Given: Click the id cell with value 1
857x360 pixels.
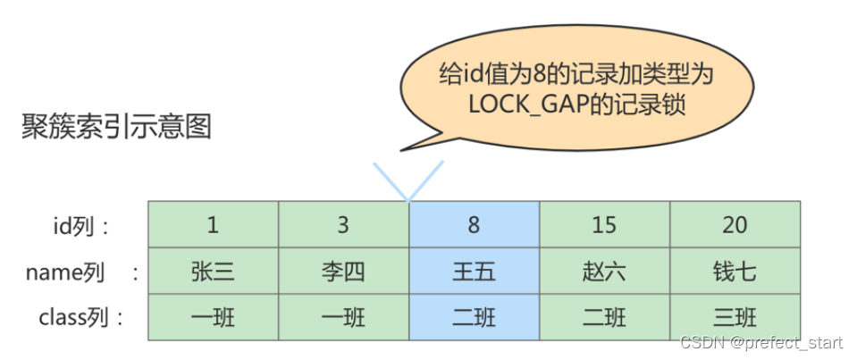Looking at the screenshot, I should [x=213, y=225].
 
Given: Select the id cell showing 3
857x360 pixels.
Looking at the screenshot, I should [x=343, y=225].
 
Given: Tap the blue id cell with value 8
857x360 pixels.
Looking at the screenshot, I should [x=474, y=225].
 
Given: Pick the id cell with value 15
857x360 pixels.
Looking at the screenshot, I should [x=604, y=225].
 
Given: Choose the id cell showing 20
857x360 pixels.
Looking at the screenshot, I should [x=735, y=225].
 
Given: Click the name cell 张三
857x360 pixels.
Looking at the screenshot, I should [x=213, y=272].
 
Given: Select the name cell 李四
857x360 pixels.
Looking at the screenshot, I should [x=343, y=272].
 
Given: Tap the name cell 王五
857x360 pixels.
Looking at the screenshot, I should [x=474, y=272].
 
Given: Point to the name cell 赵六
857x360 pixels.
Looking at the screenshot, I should [x=604, y=272].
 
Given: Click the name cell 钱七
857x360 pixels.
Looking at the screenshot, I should [x=735, y=272].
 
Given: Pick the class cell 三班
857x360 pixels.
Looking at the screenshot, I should [x=735, y=317].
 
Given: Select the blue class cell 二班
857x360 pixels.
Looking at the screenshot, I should [x=474, y=317].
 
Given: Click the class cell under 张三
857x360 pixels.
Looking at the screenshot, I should [x=213, y=317].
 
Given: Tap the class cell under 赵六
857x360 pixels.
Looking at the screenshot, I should [x=604, y=317].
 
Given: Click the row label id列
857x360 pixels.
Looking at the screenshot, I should [x=81, y=226].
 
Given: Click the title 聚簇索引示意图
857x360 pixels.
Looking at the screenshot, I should [x=116, y=128].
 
